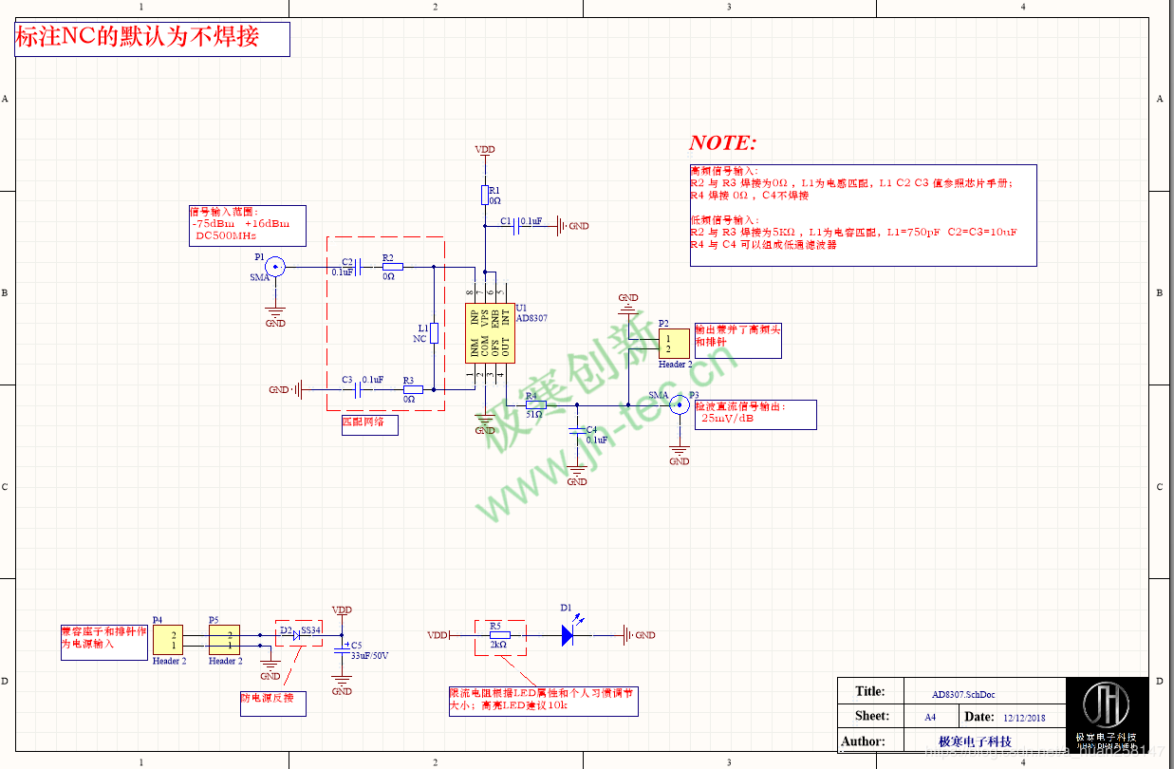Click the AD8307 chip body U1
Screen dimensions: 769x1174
coord(489,333)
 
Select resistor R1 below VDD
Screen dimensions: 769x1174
coord(485,195)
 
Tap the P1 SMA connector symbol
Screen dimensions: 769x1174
coord(275,267)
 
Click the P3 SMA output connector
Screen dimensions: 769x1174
coord(679,405)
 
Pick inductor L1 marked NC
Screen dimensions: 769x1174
coord(434,332)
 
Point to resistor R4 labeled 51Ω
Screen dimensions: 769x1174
coord(535,404)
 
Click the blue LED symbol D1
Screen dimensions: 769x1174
coord(568,635)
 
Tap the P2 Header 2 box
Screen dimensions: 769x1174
coord(674,344)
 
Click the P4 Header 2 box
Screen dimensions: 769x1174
coord(168,640)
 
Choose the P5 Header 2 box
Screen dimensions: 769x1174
coord(224,640)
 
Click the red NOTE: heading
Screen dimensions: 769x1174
coord(722,143)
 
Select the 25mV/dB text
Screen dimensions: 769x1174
coord(727,418)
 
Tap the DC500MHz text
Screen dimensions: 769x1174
coord(226,234)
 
